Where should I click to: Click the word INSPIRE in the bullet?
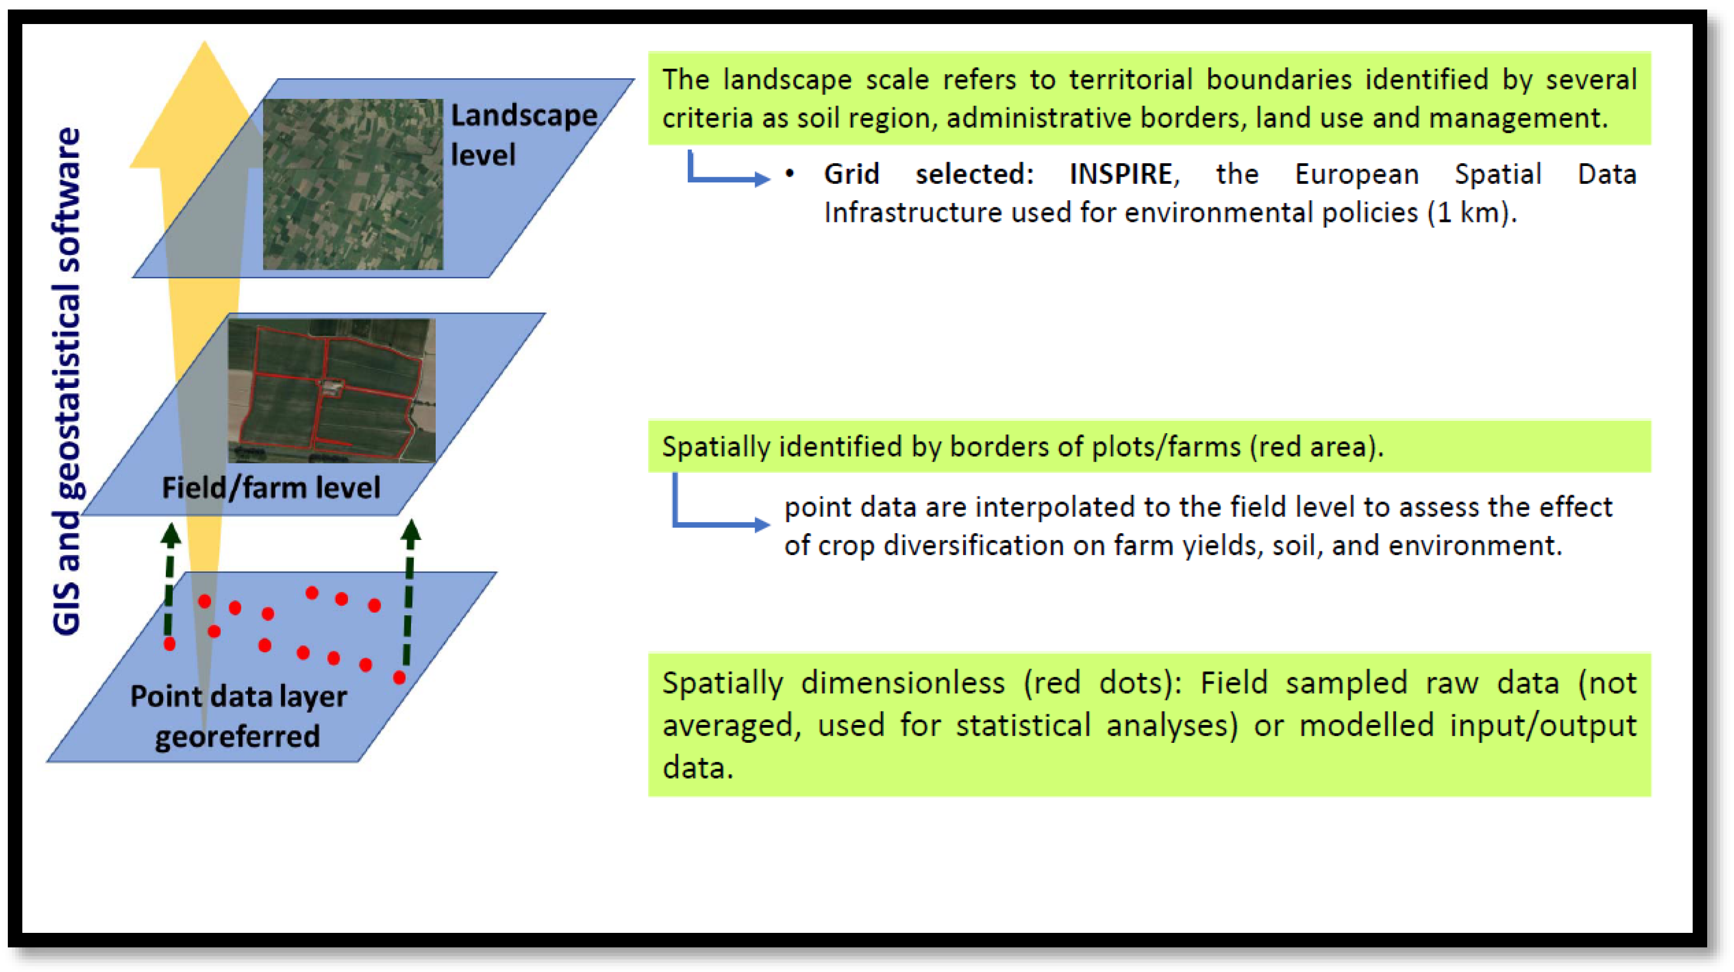pyautogui.click(x=1121, y=174)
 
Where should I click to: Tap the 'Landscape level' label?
pyautogui.click(x=523, y=135)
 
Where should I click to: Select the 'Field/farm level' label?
pyautogui.click(x=271, y=488)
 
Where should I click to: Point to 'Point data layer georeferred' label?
pyautogui.click(x=239, y=716)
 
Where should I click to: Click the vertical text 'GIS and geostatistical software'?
pyautogui.click(x=66, y=381)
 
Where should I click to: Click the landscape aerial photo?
pyautogui.click(x=352, y=184)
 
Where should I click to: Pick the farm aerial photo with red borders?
pyautogui.click(x=332, y=391)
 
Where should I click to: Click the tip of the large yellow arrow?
pyautogui.click(x=204, y=41)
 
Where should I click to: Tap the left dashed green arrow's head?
pyautogui.click(x=170, y=534)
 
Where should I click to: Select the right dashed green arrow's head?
pyautogui.click(x=411, y=531)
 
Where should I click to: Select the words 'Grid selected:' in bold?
pyautogui.click(x=929, y=174)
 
